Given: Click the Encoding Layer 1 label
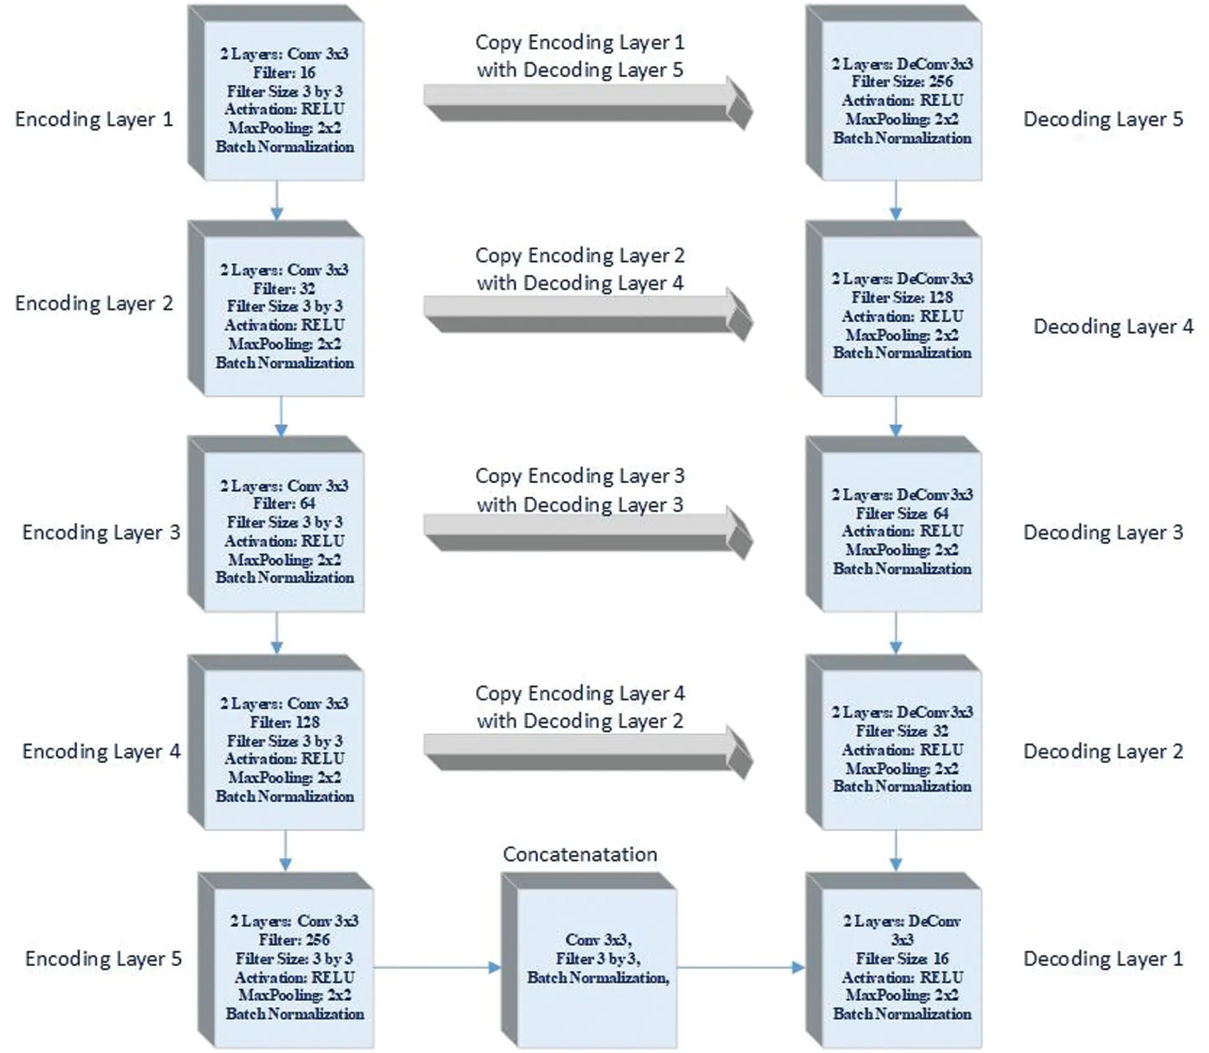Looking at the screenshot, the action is click(x=94, y=119).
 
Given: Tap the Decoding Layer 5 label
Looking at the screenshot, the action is click(x=1103, y=119).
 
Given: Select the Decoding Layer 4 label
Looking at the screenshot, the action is click(x=1113, y=327).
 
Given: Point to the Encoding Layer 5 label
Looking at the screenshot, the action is click(x=104, y=959).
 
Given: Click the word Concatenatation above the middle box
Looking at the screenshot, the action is click(x=580, y=854).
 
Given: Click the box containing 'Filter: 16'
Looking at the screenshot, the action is click(x=276, y=93).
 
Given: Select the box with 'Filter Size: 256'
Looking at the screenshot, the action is click(x=894, y=93).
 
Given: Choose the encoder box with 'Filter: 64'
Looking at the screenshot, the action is click(x=276, y=524).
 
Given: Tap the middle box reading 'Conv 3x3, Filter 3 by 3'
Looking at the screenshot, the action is click(x=589, y=960).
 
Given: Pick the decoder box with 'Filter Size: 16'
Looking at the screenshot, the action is click(x=894, y=960).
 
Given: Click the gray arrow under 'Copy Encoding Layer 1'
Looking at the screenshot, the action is click(x=588, y=103).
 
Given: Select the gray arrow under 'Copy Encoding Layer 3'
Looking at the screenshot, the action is click(x=588, y=533).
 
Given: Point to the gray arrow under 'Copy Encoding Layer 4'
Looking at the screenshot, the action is click(x=588, y=752).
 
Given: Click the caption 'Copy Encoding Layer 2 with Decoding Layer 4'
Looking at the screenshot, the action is click(x=580, y=269).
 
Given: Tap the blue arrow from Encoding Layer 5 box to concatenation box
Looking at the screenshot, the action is click(x=437, y=967).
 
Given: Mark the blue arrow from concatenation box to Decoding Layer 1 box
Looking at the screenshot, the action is click(x=741, y=967).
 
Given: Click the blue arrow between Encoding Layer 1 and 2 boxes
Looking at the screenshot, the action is click(x=277, y=201).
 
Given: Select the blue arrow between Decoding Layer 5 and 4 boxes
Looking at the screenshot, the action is click(x=896, y=201).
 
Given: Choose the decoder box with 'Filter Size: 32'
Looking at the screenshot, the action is click(x=894, y=743).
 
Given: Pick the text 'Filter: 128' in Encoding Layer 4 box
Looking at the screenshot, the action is click(x=285, y=722).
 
